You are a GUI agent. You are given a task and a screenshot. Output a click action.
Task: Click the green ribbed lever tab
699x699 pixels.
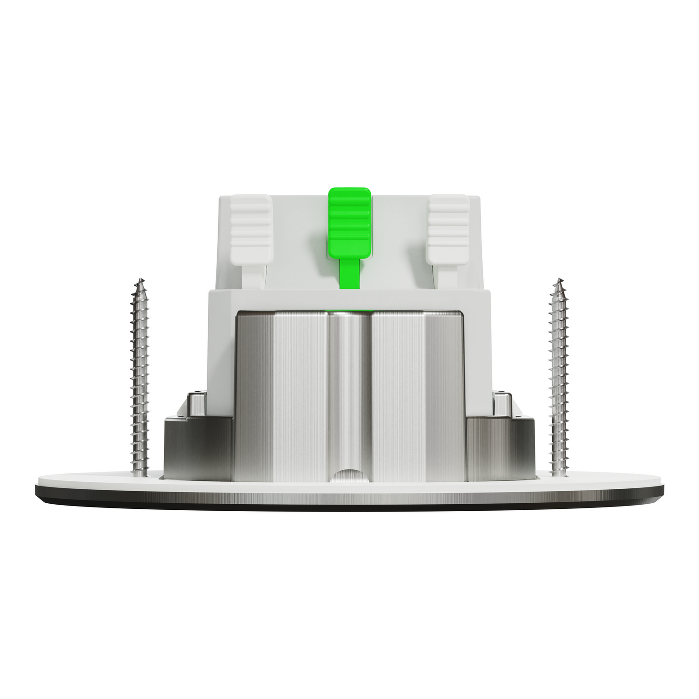[349, 222]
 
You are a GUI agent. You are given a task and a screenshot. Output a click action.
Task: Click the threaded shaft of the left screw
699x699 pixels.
[140, 374]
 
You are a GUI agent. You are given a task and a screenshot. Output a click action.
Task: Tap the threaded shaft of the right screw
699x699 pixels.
[558, 374]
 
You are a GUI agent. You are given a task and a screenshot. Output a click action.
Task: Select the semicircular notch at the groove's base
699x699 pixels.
[349, 475]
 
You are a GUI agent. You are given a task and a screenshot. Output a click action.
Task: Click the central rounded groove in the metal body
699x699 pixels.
[349, 389]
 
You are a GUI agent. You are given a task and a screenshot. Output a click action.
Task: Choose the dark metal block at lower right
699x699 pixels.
[500, 449]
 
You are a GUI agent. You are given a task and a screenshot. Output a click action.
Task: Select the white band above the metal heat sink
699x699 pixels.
[349, 300]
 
